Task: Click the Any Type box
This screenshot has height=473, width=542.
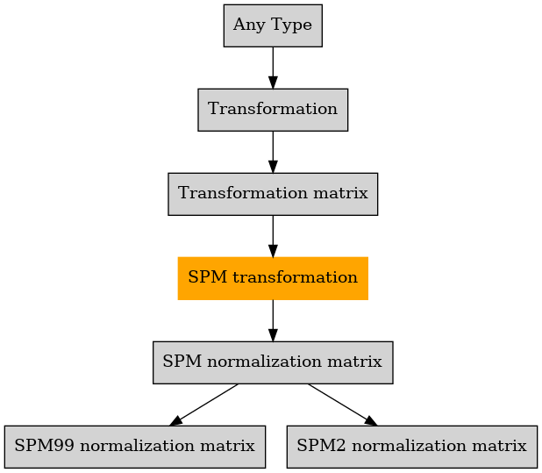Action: click(x=273, y=25)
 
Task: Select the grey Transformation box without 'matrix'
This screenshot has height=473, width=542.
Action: click(x=273, y=110)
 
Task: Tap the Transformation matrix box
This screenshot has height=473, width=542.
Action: click(x=273, y=194)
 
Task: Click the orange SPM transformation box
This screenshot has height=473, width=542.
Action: click(x=273, y=278)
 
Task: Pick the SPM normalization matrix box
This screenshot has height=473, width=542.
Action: click(x=273, y=362)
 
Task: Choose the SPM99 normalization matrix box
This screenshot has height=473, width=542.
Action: click(x=135, y=447)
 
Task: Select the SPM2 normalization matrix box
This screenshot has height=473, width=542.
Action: click(x=411, y=447)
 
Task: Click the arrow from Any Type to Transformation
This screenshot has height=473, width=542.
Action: click(x=273, y=68)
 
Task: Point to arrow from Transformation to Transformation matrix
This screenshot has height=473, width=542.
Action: click(x=273, y=152)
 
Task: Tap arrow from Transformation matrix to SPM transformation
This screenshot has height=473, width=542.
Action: click(x=273, y=236)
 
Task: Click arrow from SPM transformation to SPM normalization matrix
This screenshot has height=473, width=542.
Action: click(x=273, y=320)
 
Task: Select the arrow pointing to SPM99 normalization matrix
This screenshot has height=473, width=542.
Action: click(x=204, y=405)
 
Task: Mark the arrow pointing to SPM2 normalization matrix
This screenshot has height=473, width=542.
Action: click(x=343, y=405)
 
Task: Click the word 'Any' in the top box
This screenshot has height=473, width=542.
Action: click(x=249, y=25)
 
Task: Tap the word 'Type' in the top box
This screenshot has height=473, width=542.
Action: click(x=292, y=25)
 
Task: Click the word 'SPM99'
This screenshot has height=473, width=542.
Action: click(x=44, y=446)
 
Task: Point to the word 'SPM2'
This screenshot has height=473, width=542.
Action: click(x=321, y=446)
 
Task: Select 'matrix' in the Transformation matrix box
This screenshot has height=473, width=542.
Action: click(x=340, y=193)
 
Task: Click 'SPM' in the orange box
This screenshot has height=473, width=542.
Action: click(x=207, y=277)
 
